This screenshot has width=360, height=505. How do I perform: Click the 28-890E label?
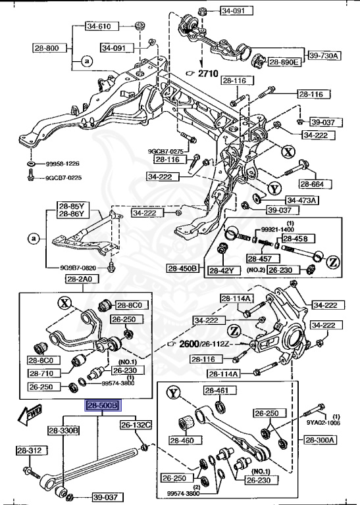tap(284, 62)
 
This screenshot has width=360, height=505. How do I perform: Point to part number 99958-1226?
tap(63, 164)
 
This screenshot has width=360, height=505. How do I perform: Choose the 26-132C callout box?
tap(136, 425)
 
